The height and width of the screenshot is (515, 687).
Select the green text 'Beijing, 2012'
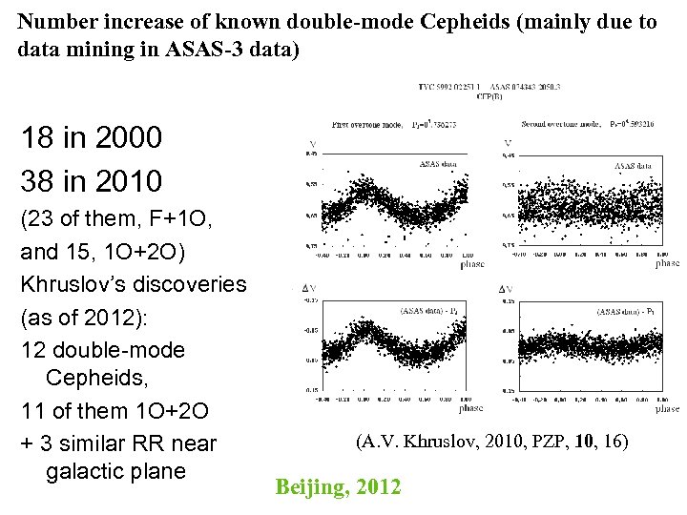point(338,487)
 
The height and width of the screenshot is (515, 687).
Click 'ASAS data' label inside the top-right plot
point(633,165)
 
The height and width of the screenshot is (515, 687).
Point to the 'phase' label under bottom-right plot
point(667,408)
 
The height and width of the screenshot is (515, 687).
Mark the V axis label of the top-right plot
point(508,145)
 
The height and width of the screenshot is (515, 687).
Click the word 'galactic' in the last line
point(93,471)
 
